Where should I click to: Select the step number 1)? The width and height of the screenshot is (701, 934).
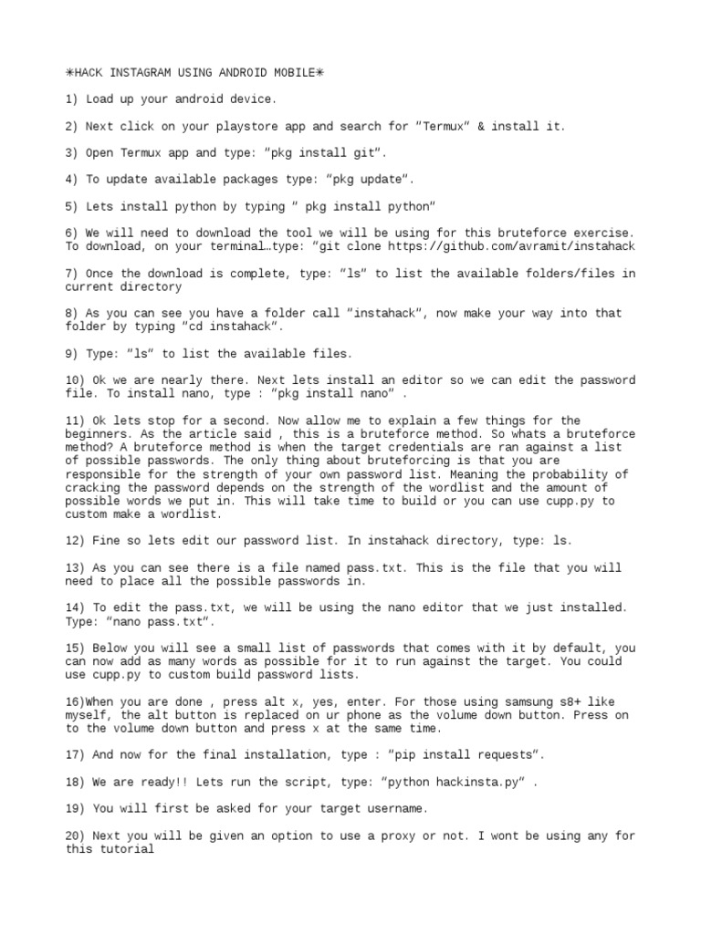pos(73,99)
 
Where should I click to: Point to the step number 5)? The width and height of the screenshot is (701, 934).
pos(73,206)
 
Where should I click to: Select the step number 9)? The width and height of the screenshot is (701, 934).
pos(73,353)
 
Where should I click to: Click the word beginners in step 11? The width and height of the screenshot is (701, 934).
pos(99,434)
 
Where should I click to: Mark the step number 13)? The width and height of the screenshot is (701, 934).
pos(77,567)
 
